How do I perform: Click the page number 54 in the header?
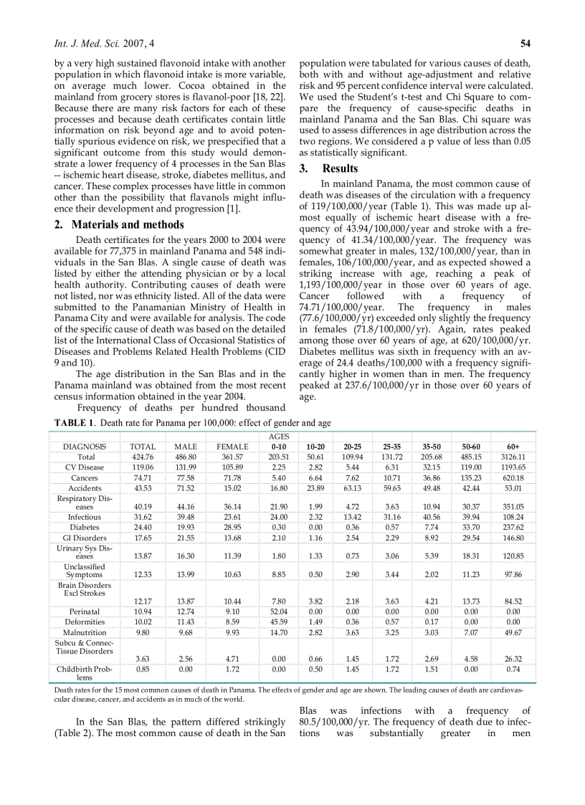525,42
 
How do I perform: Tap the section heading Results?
340,168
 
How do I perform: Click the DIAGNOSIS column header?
85,446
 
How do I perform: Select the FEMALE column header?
232,446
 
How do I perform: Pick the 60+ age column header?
513,446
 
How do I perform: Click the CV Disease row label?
85,467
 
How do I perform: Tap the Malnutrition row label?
85,632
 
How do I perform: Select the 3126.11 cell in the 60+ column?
513,457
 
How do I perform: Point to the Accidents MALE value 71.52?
186,487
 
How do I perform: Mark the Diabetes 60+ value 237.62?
513,527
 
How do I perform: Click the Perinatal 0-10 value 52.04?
278,611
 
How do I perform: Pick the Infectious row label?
85,517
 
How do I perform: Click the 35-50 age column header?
432,446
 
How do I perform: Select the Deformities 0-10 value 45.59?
278,621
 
